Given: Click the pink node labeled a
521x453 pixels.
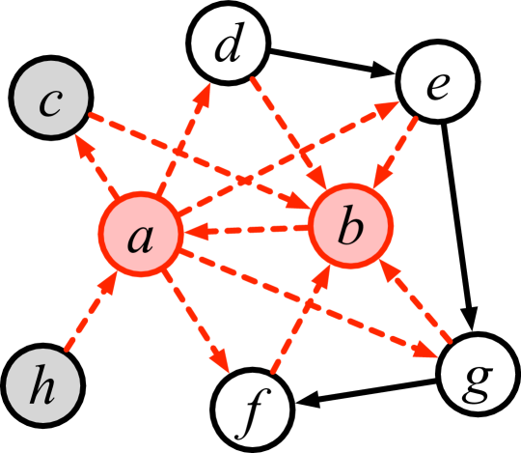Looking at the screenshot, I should coord(141,236).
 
